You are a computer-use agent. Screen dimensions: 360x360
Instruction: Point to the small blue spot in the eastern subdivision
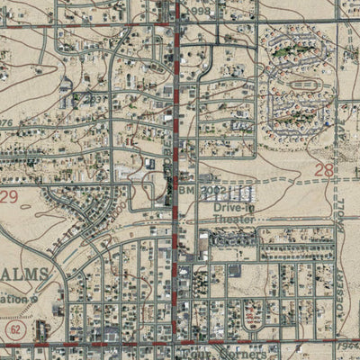[328, 124]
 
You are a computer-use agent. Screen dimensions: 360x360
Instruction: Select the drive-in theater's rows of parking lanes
[236, 192]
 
